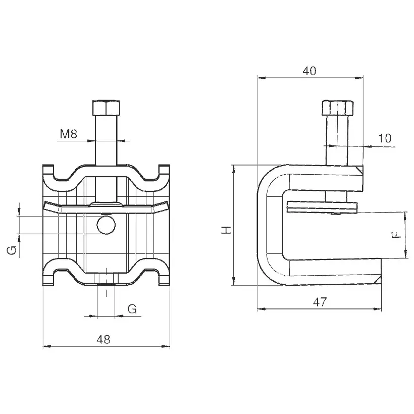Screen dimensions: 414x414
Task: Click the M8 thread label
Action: (x=68, y=134)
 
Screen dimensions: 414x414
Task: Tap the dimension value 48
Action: (x=103, y=340)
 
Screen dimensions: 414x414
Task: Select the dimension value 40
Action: (x=309, y=71)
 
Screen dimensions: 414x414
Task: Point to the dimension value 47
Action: (x=320, y=302)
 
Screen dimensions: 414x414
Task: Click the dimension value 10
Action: (x=385, y=138)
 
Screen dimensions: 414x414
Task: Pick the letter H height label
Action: (x=226, y=230)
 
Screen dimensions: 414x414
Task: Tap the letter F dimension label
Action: (x=396, y=235)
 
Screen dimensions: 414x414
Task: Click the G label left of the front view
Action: (x=12, y=250)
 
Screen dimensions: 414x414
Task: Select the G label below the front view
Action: (x=132, y=308)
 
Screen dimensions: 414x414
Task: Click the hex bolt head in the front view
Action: (x=106, y=108)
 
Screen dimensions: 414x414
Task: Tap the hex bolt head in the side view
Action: (x=338, y=108)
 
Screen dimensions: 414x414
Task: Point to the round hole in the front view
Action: (x=106, y=225)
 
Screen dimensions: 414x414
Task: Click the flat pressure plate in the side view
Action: (x=322, y=208)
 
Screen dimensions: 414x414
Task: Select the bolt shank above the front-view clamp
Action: (x=106, y=140)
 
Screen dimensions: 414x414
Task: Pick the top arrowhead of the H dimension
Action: (x=233, y=169)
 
